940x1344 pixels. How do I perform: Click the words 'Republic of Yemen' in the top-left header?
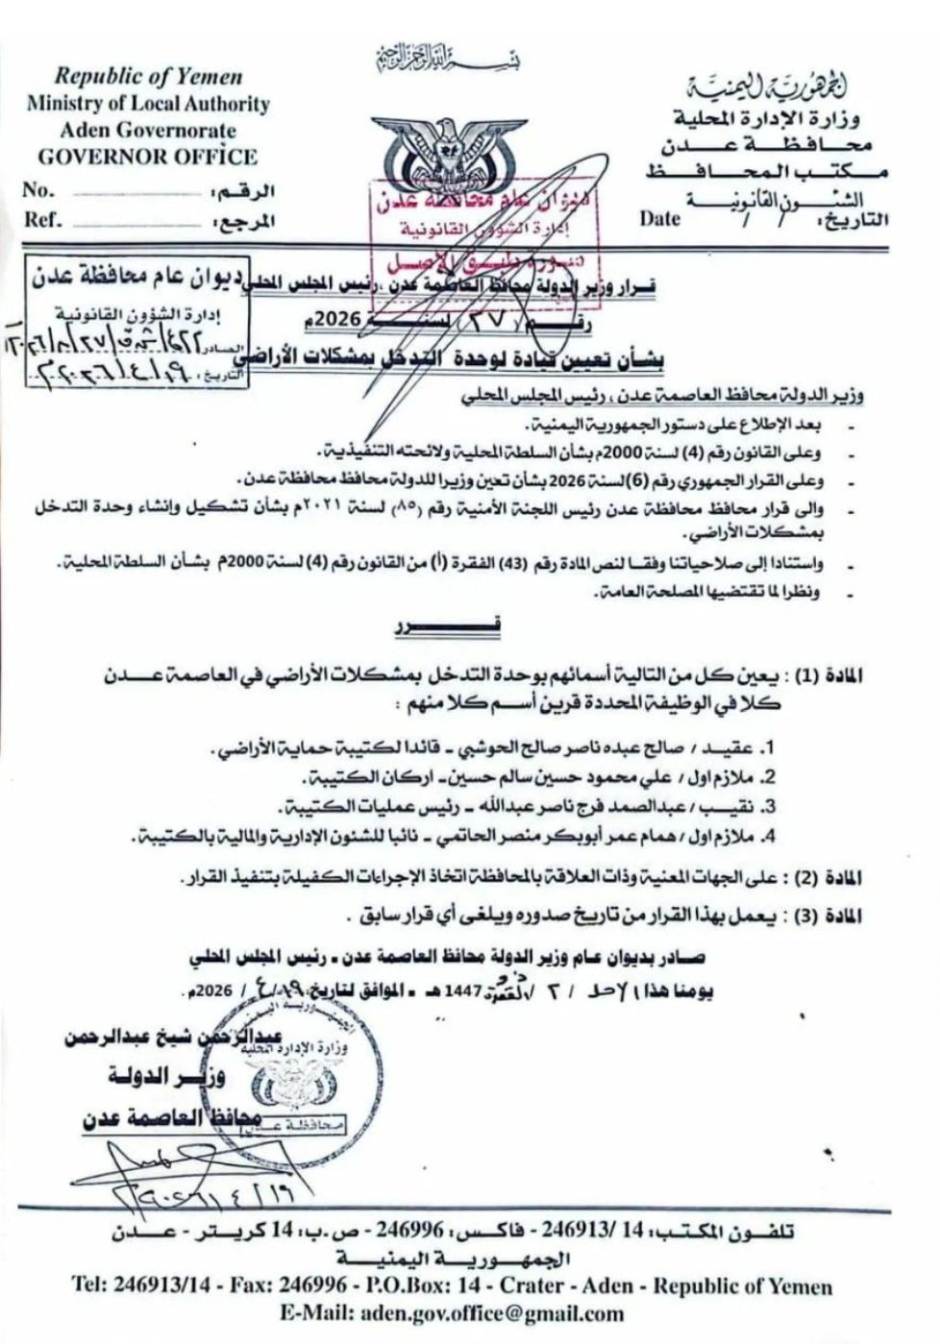click(x=148, y=76)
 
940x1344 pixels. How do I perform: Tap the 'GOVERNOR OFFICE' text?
click(x=147, y=157)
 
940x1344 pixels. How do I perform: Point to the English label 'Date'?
click(x=659, y=218)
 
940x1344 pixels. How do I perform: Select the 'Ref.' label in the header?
click(x=43, y=219)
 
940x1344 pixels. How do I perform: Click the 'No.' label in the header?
click(x=39, y=189)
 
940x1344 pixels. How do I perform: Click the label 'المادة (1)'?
click(x=829, y=675)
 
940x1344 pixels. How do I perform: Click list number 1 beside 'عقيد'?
click(x=769, y=746)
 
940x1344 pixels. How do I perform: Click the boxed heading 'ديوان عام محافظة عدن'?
click(x=138, y=279)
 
